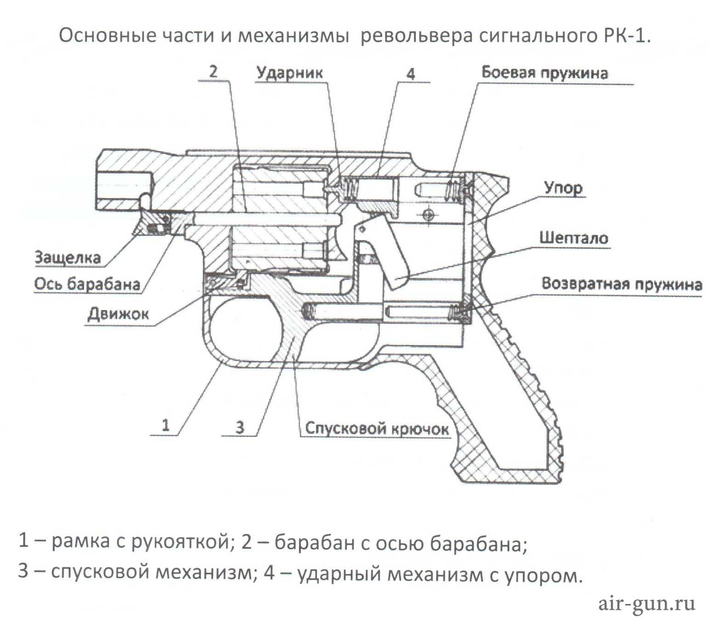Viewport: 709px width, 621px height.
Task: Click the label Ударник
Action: click(289, 73)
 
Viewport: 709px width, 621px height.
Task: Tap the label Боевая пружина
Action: click(544, 73)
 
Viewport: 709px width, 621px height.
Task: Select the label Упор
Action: click(563, 188)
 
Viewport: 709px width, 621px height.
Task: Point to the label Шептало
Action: click(573, 238)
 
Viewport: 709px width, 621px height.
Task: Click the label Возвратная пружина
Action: click(621, 284)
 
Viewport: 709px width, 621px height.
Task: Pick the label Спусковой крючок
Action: click(377, 429)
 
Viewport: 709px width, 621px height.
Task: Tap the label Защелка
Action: click(68, 258)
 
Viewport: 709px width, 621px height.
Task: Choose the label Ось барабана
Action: click(87, 284)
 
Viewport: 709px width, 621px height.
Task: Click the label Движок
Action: click(118, 314)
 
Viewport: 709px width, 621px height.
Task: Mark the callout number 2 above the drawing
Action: click(213, 72)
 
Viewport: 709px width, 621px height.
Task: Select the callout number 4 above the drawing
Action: click(411, 74)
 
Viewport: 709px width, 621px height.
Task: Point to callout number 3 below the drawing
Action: click(240, 427)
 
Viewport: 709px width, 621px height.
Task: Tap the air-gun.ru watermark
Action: click(646, 603)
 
